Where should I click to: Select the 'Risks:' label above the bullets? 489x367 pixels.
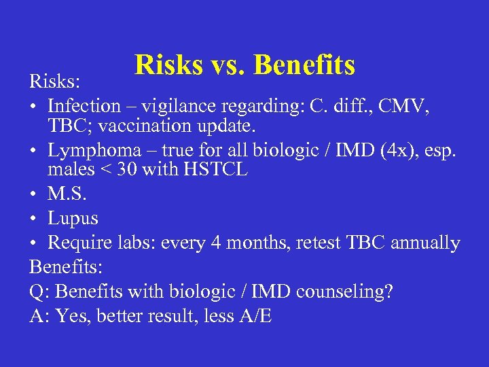[x=55, y=82]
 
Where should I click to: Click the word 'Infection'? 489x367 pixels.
[x=84, y=106]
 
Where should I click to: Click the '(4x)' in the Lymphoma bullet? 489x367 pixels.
[x=377, y=151]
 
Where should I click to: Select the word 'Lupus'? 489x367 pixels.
[x=73, y=219]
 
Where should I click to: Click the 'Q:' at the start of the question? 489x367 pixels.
[x=40, y=292]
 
